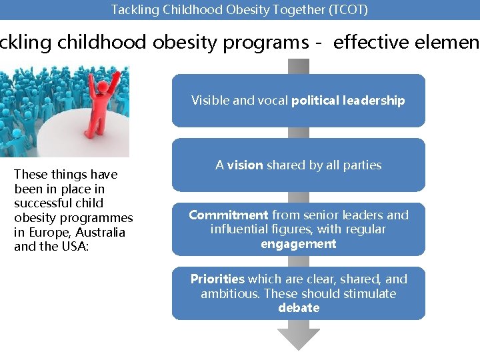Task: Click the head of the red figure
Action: (x=103, y=87)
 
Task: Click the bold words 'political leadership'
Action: (x=348, y=101)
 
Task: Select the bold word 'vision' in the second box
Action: (x=245, y=165)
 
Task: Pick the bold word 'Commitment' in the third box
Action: (x=228, y=215)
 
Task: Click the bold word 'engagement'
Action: (x=299, y=244)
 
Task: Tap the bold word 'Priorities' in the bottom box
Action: (x=217, y=279)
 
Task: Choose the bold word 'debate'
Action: (x=299, y=308)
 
